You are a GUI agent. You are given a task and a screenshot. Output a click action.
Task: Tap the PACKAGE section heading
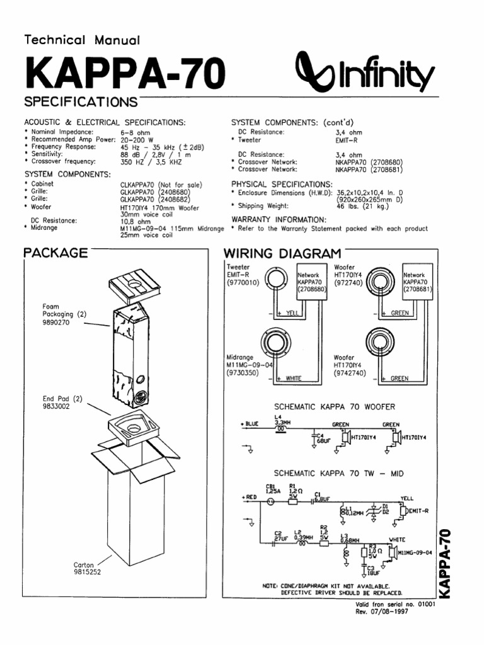pyautogui.click(x=55, y=253)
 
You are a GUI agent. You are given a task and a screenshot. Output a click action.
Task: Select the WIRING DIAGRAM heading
pyautogui.click(x=282, y=253)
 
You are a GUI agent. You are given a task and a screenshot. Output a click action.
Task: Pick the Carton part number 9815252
pyautogui.click(x=87, y=572)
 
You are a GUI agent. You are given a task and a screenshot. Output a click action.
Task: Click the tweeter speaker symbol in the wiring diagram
pyautogui.click(x=277, y=281)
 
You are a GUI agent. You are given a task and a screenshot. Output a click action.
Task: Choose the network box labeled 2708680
pyautogui.click(x=312, y=283)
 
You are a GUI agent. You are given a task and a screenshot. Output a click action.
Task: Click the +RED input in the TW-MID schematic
pyautogui.click(x=250, y=498)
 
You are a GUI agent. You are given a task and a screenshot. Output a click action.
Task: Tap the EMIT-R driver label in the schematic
pyautogui.click(x=418, y=510)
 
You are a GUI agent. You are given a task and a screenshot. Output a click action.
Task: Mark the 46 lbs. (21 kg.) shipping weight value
pyautogui.click(x=364, y=205)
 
